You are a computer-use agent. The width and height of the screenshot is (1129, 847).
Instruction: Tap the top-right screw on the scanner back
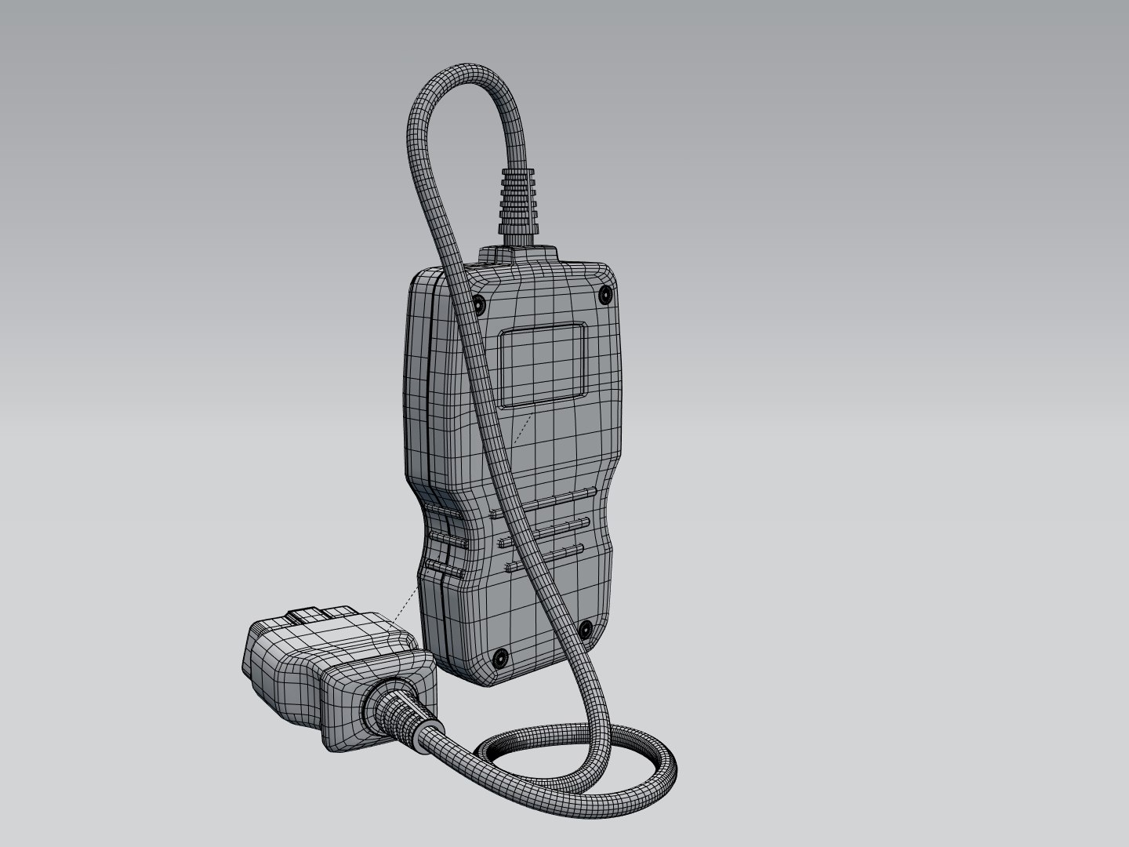tap(604, 294)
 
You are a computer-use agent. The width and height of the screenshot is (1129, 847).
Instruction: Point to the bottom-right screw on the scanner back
tap(586, 627)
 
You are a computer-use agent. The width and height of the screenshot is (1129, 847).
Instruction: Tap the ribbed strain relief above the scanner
tap(518, 199)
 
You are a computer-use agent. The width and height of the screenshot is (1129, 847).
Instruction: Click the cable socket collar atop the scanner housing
tap(518, 254)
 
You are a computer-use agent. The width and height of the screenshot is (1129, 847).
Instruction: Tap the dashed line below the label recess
tap(521, 431)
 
